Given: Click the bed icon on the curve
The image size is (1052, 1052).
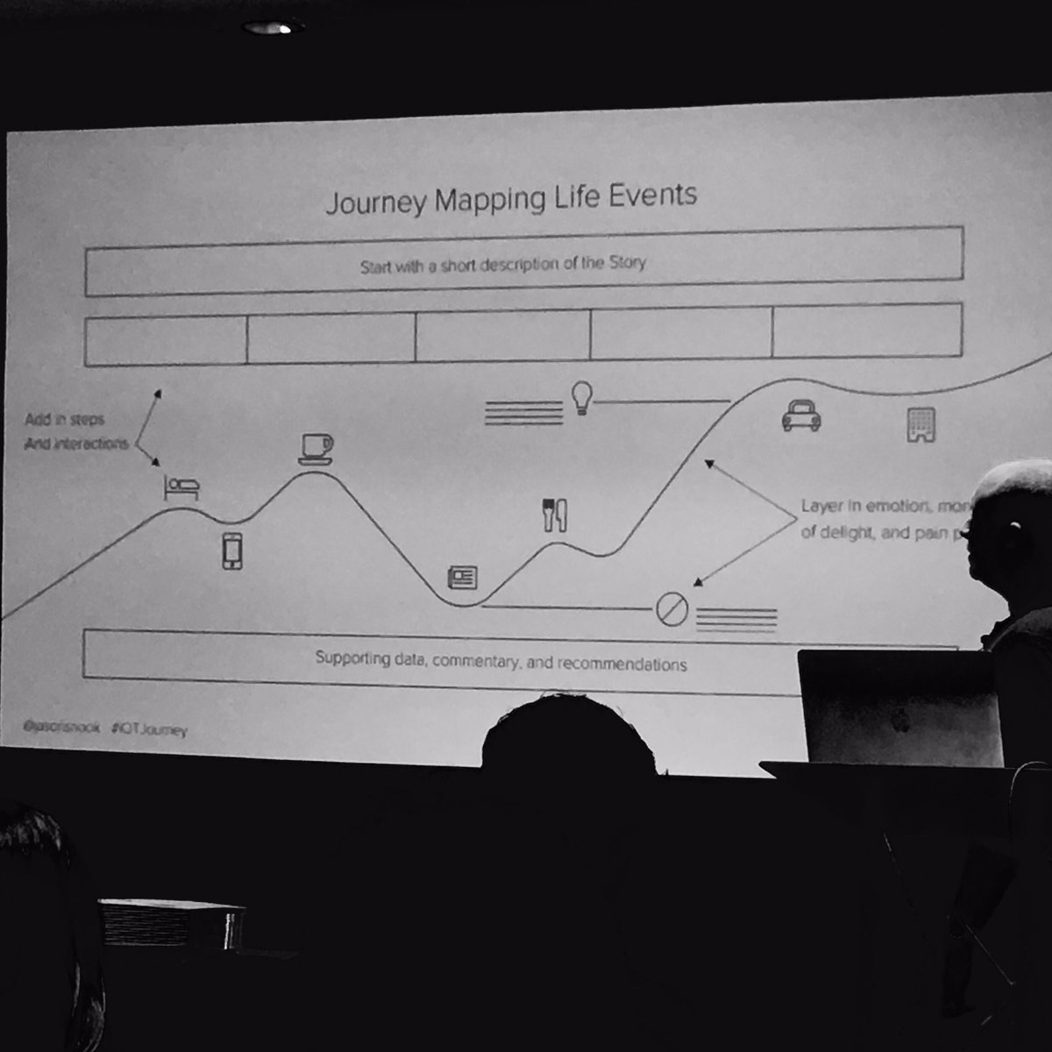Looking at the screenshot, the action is tap(181, 487).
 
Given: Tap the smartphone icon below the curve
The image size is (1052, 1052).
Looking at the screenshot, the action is tap(231, 551).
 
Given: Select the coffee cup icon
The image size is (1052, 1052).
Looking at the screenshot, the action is tap(316, 448).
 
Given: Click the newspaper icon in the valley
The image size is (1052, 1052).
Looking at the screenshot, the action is tap(462, 577).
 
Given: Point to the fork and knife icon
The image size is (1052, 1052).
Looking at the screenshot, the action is tap(555, 515).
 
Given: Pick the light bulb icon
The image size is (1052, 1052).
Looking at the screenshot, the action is tap(580, 397).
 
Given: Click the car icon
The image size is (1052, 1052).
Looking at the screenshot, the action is tap(800, 416).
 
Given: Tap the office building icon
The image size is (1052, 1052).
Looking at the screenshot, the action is tap(920, 425).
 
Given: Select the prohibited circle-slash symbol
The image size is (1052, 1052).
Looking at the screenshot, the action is tap(672, 609).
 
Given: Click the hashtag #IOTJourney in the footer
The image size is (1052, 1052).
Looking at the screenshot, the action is tap(149, 729).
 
